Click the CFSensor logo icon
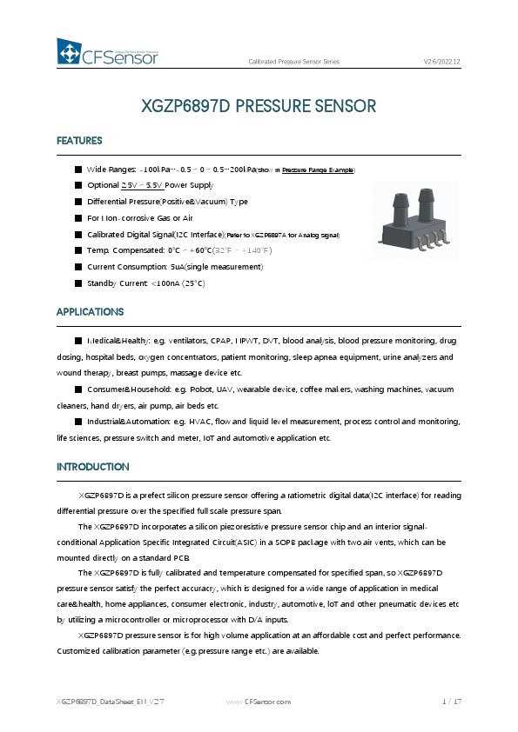point(69,53)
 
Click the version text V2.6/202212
point(441,62)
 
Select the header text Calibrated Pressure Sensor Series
point(293,62)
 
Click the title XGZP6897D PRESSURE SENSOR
point(259,107)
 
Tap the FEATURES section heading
point(79,141)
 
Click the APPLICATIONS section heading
point(90,312)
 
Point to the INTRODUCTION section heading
point(93,467)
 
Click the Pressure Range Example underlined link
point(318,170)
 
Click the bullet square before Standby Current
point(78,283)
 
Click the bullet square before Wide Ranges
point(78,170)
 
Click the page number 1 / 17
point(451,702)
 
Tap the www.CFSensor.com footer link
point(259,702)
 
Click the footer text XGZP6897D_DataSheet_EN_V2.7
point(99,702)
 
